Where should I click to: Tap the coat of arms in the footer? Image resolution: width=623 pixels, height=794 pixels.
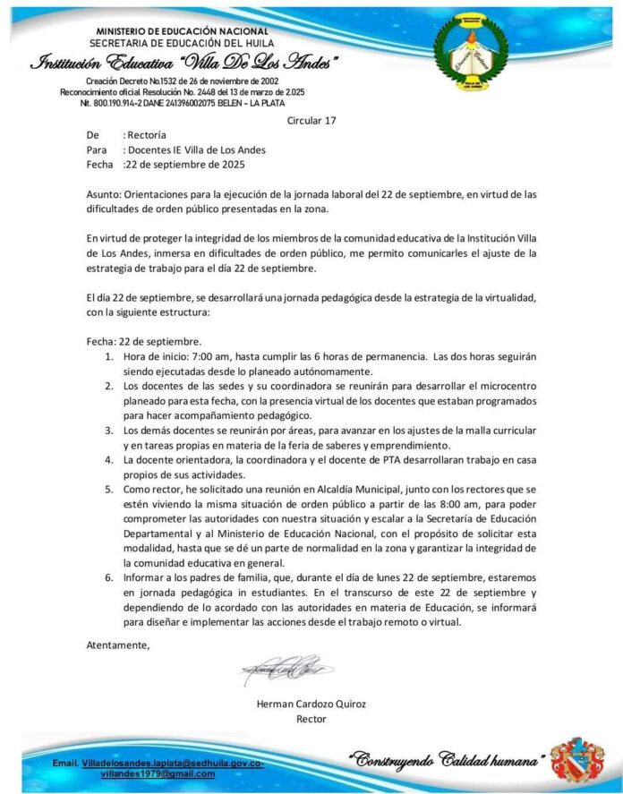[576, 761]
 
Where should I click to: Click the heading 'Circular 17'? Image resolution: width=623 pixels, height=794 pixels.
[311, 119]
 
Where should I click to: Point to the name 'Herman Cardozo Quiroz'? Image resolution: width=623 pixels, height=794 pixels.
[311, 704]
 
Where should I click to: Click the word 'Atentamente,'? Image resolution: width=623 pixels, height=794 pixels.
[118, 645]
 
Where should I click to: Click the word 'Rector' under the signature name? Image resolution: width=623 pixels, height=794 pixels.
[311, 719]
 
